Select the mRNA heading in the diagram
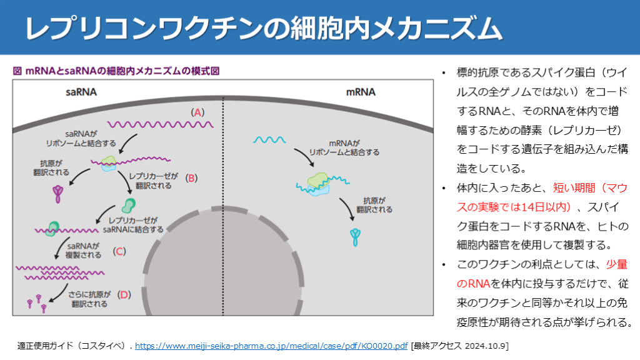click(x=361, y=92)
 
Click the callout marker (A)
click(x=197, y=113)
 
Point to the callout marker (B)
click(x=192, y=177)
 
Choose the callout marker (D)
click(x=124, y=294)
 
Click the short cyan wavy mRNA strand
click(x=270, y=139)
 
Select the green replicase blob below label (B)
click(x=129, y=205)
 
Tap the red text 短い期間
click(x=571, y=187)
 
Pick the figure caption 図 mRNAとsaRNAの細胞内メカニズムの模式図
click(x=116, y=71)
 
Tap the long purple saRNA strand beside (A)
click(x=161, y=126)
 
